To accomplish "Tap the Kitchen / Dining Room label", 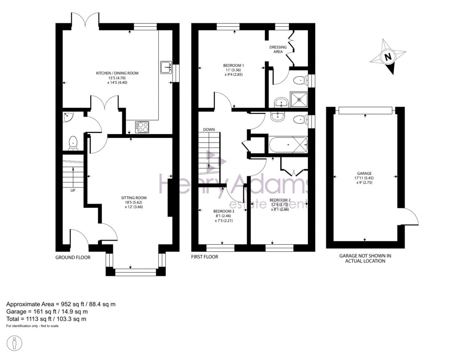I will tap(117, 73).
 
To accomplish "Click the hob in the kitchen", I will tap(142, 126).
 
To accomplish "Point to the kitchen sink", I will tap(165, 68).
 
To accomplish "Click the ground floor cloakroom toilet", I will tap(73, 143).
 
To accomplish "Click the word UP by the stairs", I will tap(73, 190).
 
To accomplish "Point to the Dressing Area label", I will tap(278, 50).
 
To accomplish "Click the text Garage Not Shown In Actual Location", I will tap(365, 258).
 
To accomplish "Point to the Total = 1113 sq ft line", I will tap(46, 319).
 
